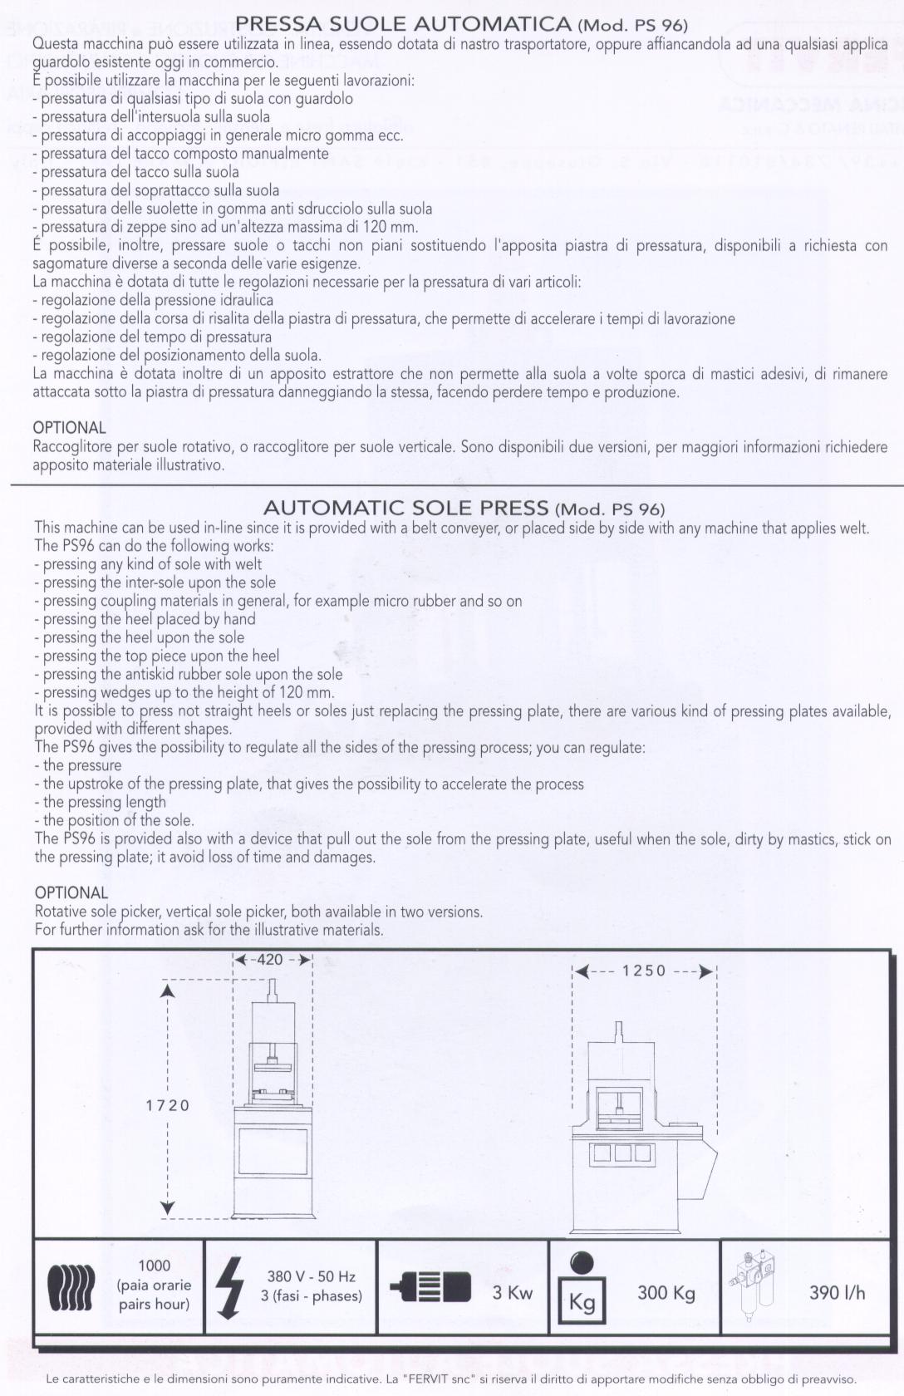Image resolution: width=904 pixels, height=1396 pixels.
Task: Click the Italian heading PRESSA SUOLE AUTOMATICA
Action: pos(404,24)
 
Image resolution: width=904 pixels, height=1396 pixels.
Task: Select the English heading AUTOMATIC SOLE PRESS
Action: pos(405,508)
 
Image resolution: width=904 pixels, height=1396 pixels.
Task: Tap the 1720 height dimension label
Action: pos(168,1105)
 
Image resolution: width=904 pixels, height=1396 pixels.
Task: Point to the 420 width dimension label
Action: pos(270,960)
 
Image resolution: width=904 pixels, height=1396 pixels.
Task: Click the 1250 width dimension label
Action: pos(644,971)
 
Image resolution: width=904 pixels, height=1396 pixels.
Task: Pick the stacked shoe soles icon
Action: pos(71,1288)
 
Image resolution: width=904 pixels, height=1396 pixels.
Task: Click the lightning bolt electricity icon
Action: pos(228,1287)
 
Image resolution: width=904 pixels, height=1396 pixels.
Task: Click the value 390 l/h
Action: pos(837,1293)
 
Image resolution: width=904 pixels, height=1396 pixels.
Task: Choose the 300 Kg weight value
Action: pos(666,1293)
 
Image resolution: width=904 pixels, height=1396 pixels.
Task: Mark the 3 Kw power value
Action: pos(512,1293)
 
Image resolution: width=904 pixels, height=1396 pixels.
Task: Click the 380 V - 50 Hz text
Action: pos(311,1276)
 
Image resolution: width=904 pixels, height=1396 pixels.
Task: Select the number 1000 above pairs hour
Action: pos(154,1266)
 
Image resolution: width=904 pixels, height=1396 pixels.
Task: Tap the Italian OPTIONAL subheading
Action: pos(69,428)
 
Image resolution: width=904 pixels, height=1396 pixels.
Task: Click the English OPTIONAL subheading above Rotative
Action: pos(71,893)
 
